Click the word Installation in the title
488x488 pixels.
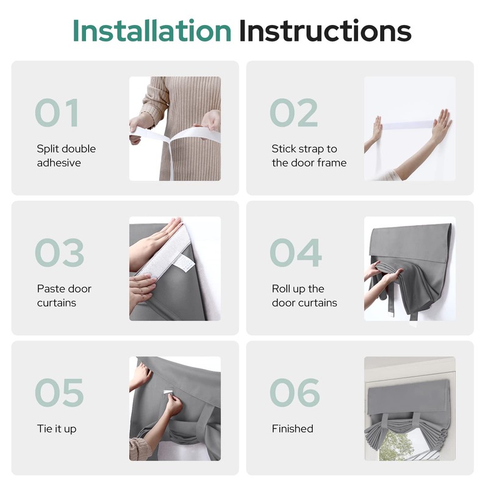tap(152, 30)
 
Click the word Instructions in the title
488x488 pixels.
tap(325, 30)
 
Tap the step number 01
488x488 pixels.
tap(56, 113)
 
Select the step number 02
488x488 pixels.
tap(294, 113)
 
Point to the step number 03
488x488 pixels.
tap(59, 253)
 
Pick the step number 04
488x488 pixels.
tap(296, 253)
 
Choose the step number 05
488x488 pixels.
tap(59, 392)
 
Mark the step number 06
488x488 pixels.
tap(295, 392)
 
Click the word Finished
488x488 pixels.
tap(293, 429)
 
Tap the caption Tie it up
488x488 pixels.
tap(57, 429)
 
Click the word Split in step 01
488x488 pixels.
tap(48, 149)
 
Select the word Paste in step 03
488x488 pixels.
tap(50, 289)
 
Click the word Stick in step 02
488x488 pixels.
tap(284, 148)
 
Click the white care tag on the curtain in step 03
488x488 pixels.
tap(184, 263)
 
